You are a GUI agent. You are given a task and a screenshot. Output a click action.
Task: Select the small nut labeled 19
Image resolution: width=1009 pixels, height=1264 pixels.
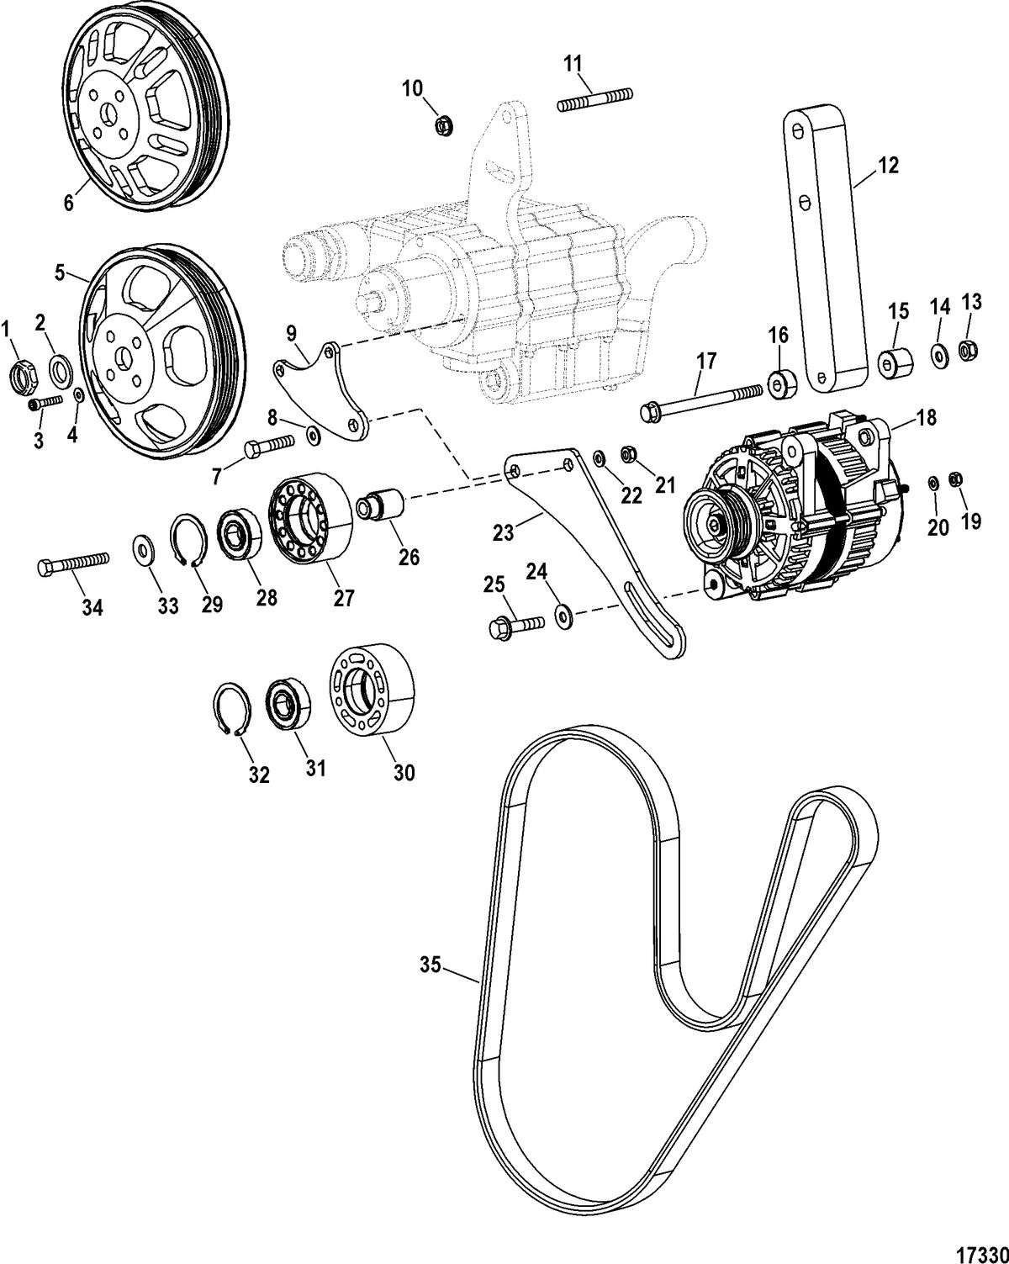pos(955,479)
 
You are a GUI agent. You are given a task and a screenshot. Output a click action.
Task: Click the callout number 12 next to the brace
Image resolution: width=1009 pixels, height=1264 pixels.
pos(890,165)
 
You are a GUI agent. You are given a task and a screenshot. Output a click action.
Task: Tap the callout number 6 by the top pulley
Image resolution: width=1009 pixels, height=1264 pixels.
pos(68,202)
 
